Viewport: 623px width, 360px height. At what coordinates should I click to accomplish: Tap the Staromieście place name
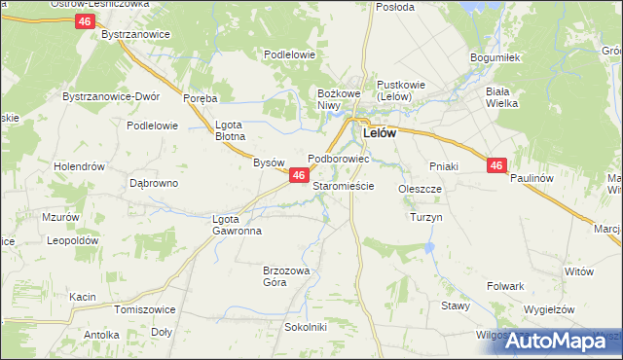click(344, 185)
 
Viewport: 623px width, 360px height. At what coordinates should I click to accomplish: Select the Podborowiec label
click(338, 158)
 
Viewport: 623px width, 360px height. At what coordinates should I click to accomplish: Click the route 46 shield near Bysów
click(299, 175)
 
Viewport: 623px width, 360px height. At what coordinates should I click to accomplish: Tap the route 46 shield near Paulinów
click(496, 166)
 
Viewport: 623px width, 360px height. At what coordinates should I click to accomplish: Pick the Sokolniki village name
click(306, 327)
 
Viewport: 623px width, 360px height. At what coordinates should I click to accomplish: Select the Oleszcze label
click(421, 189)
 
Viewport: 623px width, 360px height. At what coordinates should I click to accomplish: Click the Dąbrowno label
click(154, 183)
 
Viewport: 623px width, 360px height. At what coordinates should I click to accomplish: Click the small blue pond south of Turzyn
click(429, 249)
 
